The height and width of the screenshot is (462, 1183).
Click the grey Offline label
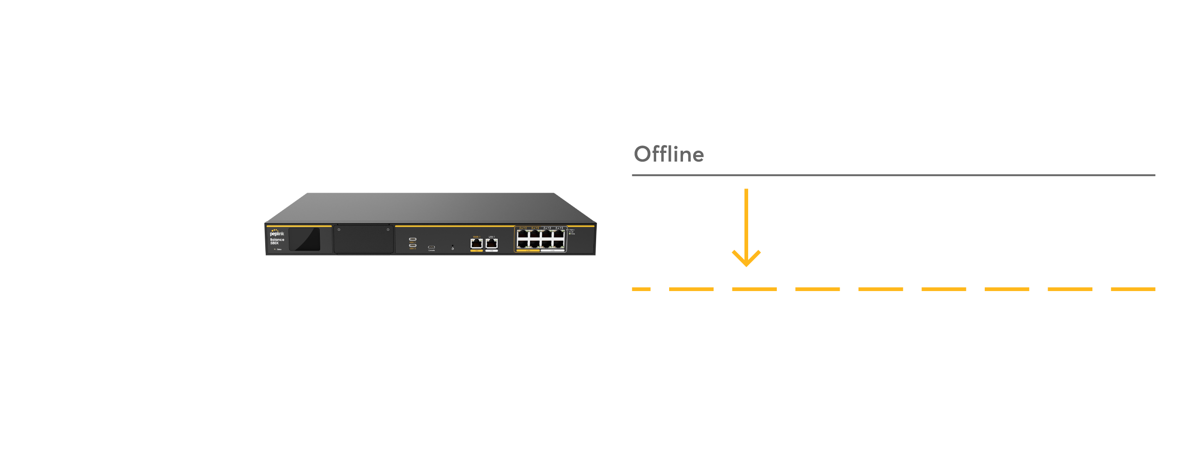coord(669,154)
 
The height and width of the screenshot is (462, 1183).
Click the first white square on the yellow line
coord(659,290)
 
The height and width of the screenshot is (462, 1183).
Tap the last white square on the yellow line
coord(1102,290)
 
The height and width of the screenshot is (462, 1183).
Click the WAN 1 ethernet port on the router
coord(476,243)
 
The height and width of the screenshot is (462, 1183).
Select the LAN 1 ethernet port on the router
coord(492,243)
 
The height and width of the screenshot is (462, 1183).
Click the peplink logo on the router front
coord(277,233)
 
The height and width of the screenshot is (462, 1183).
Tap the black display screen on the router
coord(305,239)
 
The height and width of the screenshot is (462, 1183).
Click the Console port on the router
coord(431,247)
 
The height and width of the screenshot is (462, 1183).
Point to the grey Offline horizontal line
coord(893,176)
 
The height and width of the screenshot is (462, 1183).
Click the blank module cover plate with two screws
coord(363,239)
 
